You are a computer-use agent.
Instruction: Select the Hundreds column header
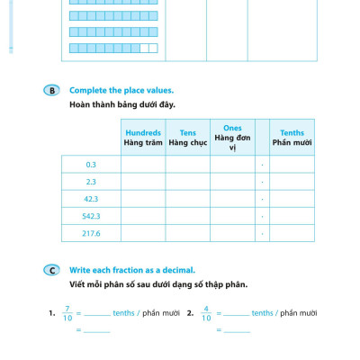pos(142,137)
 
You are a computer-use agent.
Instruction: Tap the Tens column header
pos(187,137)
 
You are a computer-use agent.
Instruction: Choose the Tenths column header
pos(292,137)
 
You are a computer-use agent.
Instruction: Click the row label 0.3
pos(91,165)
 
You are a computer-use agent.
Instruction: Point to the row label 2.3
pos(91,182)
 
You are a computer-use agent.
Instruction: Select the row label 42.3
pos(91,199)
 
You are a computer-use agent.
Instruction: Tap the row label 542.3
pos(91,216)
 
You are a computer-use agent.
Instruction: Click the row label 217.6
pos(91,233)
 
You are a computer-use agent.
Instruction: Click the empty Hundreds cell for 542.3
pos(142,216)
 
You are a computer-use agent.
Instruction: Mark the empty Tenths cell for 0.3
pos(292,165)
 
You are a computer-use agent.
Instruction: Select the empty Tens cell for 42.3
pos(187,199)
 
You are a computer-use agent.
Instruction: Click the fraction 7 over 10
pos(67,313)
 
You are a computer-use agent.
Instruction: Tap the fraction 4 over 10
pos(206,313)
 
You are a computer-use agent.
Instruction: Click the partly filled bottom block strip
pos(112,49)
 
